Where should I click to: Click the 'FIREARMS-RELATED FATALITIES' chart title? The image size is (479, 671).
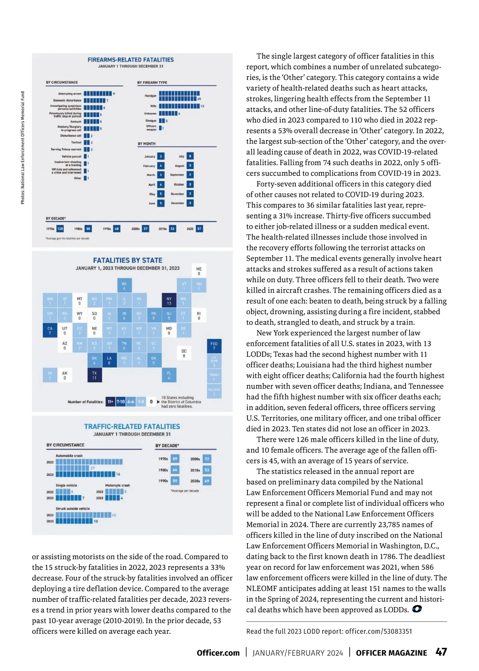pos(131,60)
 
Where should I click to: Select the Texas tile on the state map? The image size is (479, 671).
pos(94,375)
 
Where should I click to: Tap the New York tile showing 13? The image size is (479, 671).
pos(169,301)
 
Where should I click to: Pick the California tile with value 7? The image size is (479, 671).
pos(50,331)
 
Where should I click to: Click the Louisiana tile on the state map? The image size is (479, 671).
pos(109,360)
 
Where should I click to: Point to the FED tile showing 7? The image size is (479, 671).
pos(214,346)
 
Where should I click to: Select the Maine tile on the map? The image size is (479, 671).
pos(199,271)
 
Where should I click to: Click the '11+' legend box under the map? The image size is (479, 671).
pos(111,401)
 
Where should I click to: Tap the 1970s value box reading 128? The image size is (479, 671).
pos(60,229)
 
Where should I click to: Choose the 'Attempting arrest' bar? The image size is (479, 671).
pos(97,94)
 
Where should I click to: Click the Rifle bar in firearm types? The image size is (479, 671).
pos(179,106)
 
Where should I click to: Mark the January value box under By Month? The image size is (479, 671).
pos(160,157)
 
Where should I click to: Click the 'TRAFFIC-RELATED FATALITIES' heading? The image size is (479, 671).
pos(132,427)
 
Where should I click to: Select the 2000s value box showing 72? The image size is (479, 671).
pos(207,459)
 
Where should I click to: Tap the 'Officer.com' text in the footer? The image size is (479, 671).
pos(218,653)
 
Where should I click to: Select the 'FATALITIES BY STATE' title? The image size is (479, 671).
pos(128,260)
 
